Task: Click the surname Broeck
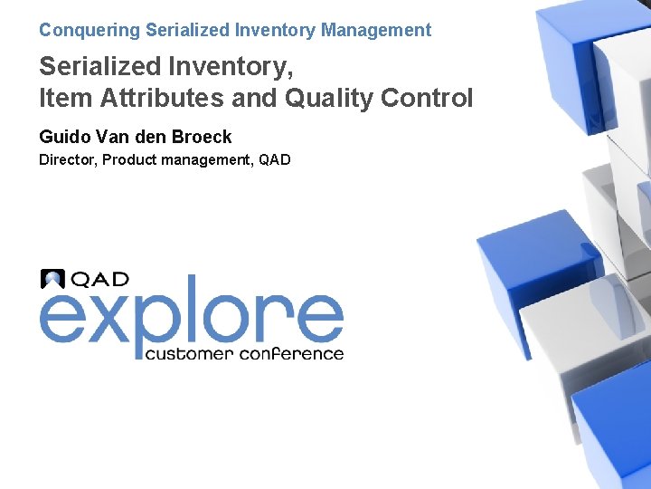(x=200, y=137)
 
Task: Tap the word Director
(x=67, y=161)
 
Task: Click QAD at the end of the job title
(x=274, y=161)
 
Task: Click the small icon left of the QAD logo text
(x=52, y=279)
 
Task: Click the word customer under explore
(x=189, y=353)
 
